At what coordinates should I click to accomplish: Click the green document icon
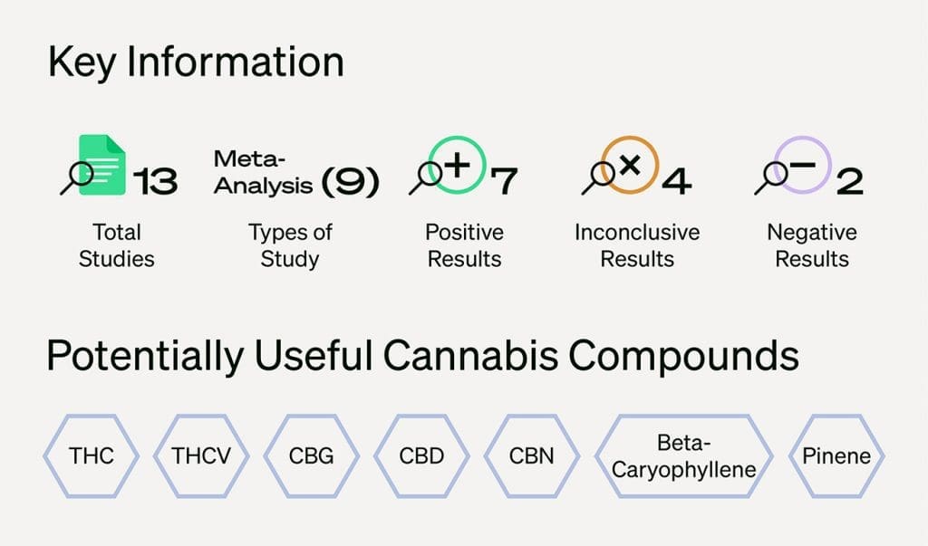pyautogui.click(x=102, y=165)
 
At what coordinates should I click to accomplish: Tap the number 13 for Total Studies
pyautogui.click(x=156, y=181)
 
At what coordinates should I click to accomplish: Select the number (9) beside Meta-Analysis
pyautogui.click(x=350, y=182)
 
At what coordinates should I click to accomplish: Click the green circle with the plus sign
pyautogui.click(x=457, y=138)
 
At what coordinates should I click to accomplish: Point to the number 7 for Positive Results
pyautogui.click(x=504, y=181)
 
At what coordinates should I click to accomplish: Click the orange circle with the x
pyautogui.click(x=630, y=138)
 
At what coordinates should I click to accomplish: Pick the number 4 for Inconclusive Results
pyautogui.click(x=676, y=181)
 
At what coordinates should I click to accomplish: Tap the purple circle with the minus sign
pyautogui.click(x=803, y=138)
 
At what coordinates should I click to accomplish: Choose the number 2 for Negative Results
pyautogui.click(x=850, y=181)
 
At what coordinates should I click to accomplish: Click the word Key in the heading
pyautogui.click(x=82, y=62)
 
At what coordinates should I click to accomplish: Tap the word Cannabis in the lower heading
pyautogui.click(x=470, y=356)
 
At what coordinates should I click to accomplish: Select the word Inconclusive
pyautogui.click(x=637, y=233)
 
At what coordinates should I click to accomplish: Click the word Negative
pyautogui.click(x=812, y=233)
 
